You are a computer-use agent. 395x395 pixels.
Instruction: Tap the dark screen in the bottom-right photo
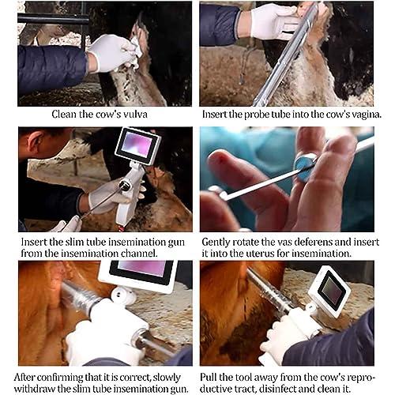pos(331,292)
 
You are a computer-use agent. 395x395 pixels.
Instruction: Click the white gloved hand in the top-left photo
pos(111,53)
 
